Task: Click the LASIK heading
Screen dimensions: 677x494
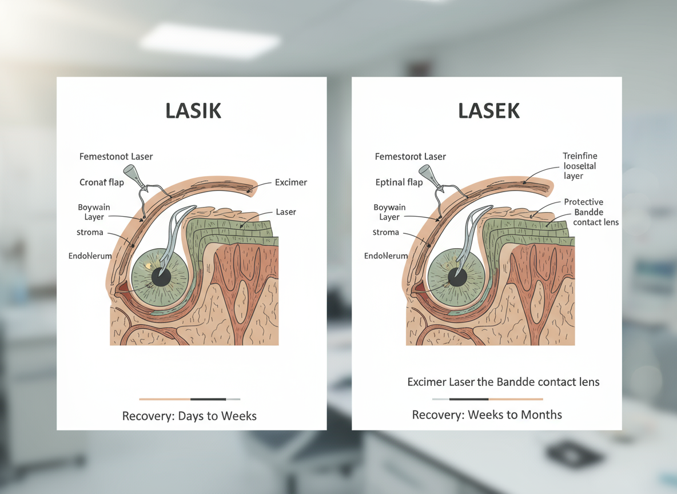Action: click(193, 111)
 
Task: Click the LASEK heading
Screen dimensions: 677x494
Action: click(489, 111)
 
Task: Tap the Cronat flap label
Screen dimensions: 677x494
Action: click(101, 182)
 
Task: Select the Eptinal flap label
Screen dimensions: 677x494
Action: click(399, 182)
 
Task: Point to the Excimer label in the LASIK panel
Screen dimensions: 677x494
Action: click(290, 182)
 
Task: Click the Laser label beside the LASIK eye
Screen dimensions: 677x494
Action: click(286, 212)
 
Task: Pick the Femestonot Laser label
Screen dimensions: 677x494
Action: click(116, 156)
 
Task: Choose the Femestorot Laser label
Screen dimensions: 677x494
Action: click(410, 156)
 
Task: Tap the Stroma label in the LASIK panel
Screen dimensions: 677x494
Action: click(90, 233)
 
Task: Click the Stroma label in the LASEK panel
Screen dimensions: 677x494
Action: click(385, 233)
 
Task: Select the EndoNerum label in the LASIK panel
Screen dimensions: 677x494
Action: click(90, 256)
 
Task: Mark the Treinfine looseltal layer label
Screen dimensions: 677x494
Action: click(580, 166)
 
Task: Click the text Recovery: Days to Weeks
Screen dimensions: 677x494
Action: click(189, 416)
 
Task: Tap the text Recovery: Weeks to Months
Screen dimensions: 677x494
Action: click(487, 415)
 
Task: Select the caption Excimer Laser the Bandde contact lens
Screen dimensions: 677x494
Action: click(503, 381)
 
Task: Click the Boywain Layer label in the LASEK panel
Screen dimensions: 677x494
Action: click(389, 212)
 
